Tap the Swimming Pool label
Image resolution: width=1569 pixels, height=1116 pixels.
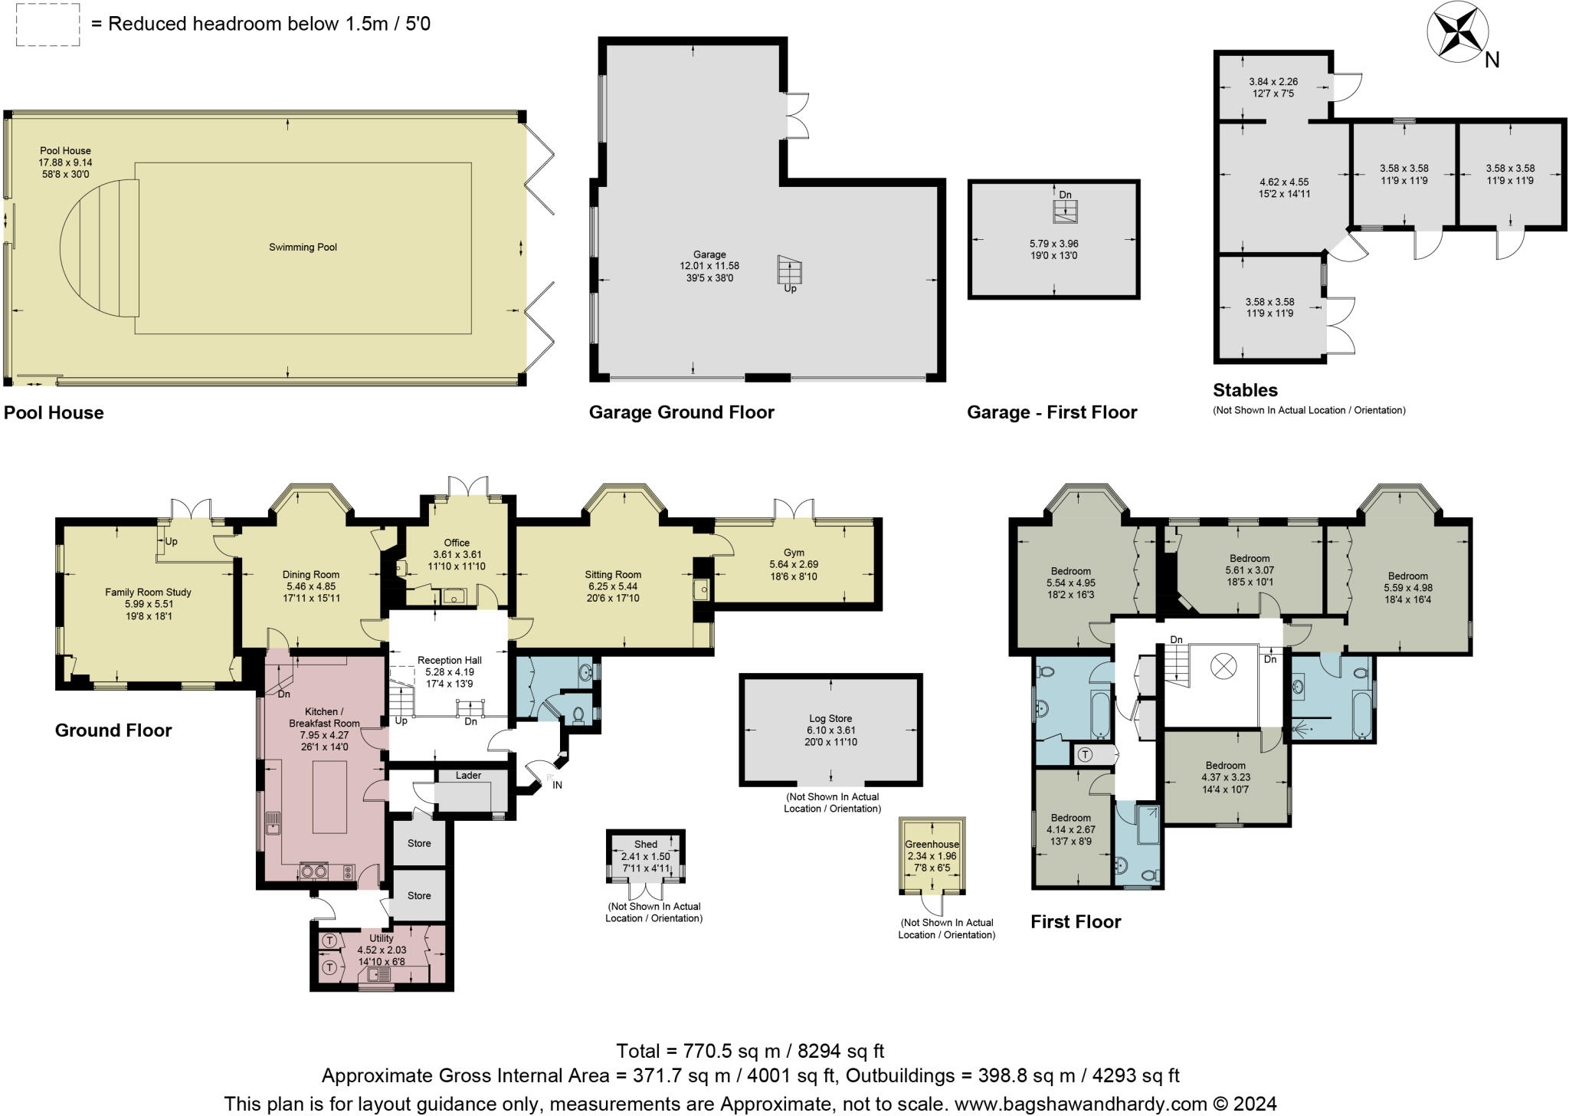pyautogui.click(x=303, y=247)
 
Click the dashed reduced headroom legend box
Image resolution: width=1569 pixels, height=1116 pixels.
pyautogui.click(x=47, y=25)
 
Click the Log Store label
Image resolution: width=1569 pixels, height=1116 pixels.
pyautogui.click(x=830, y=718)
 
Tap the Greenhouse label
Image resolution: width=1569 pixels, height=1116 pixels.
pyautogui.click(x=932, y=845)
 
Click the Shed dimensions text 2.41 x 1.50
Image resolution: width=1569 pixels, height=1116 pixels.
pyautogui.click(x=645, y=857)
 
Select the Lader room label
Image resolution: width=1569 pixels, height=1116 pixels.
pyautogui.click(x=468, y=775)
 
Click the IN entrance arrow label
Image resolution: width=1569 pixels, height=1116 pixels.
pyautogui.click(x=557, y=784)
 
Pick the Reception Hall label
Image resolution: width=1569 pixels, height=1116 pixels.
pyautogui.click(x=449, y=660)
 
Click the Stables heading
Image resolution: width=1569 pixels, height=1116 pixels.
pyautogui.click(x=1245, y=390)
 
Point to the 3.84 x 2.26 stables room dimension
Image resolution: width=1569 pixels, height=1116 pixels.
pyautogui.click(x=1273, y=81)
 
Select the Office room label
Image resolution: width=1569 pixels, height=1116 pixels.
pyautogui.click(x=457, y=543)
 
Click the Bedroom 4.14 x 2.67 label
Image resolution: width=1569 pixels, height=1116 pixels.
pyautogui.click(x=1070, y=818)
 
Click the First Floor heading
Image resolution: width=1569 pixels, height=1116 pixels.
pyautogui.click(x=1075, y=922)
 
